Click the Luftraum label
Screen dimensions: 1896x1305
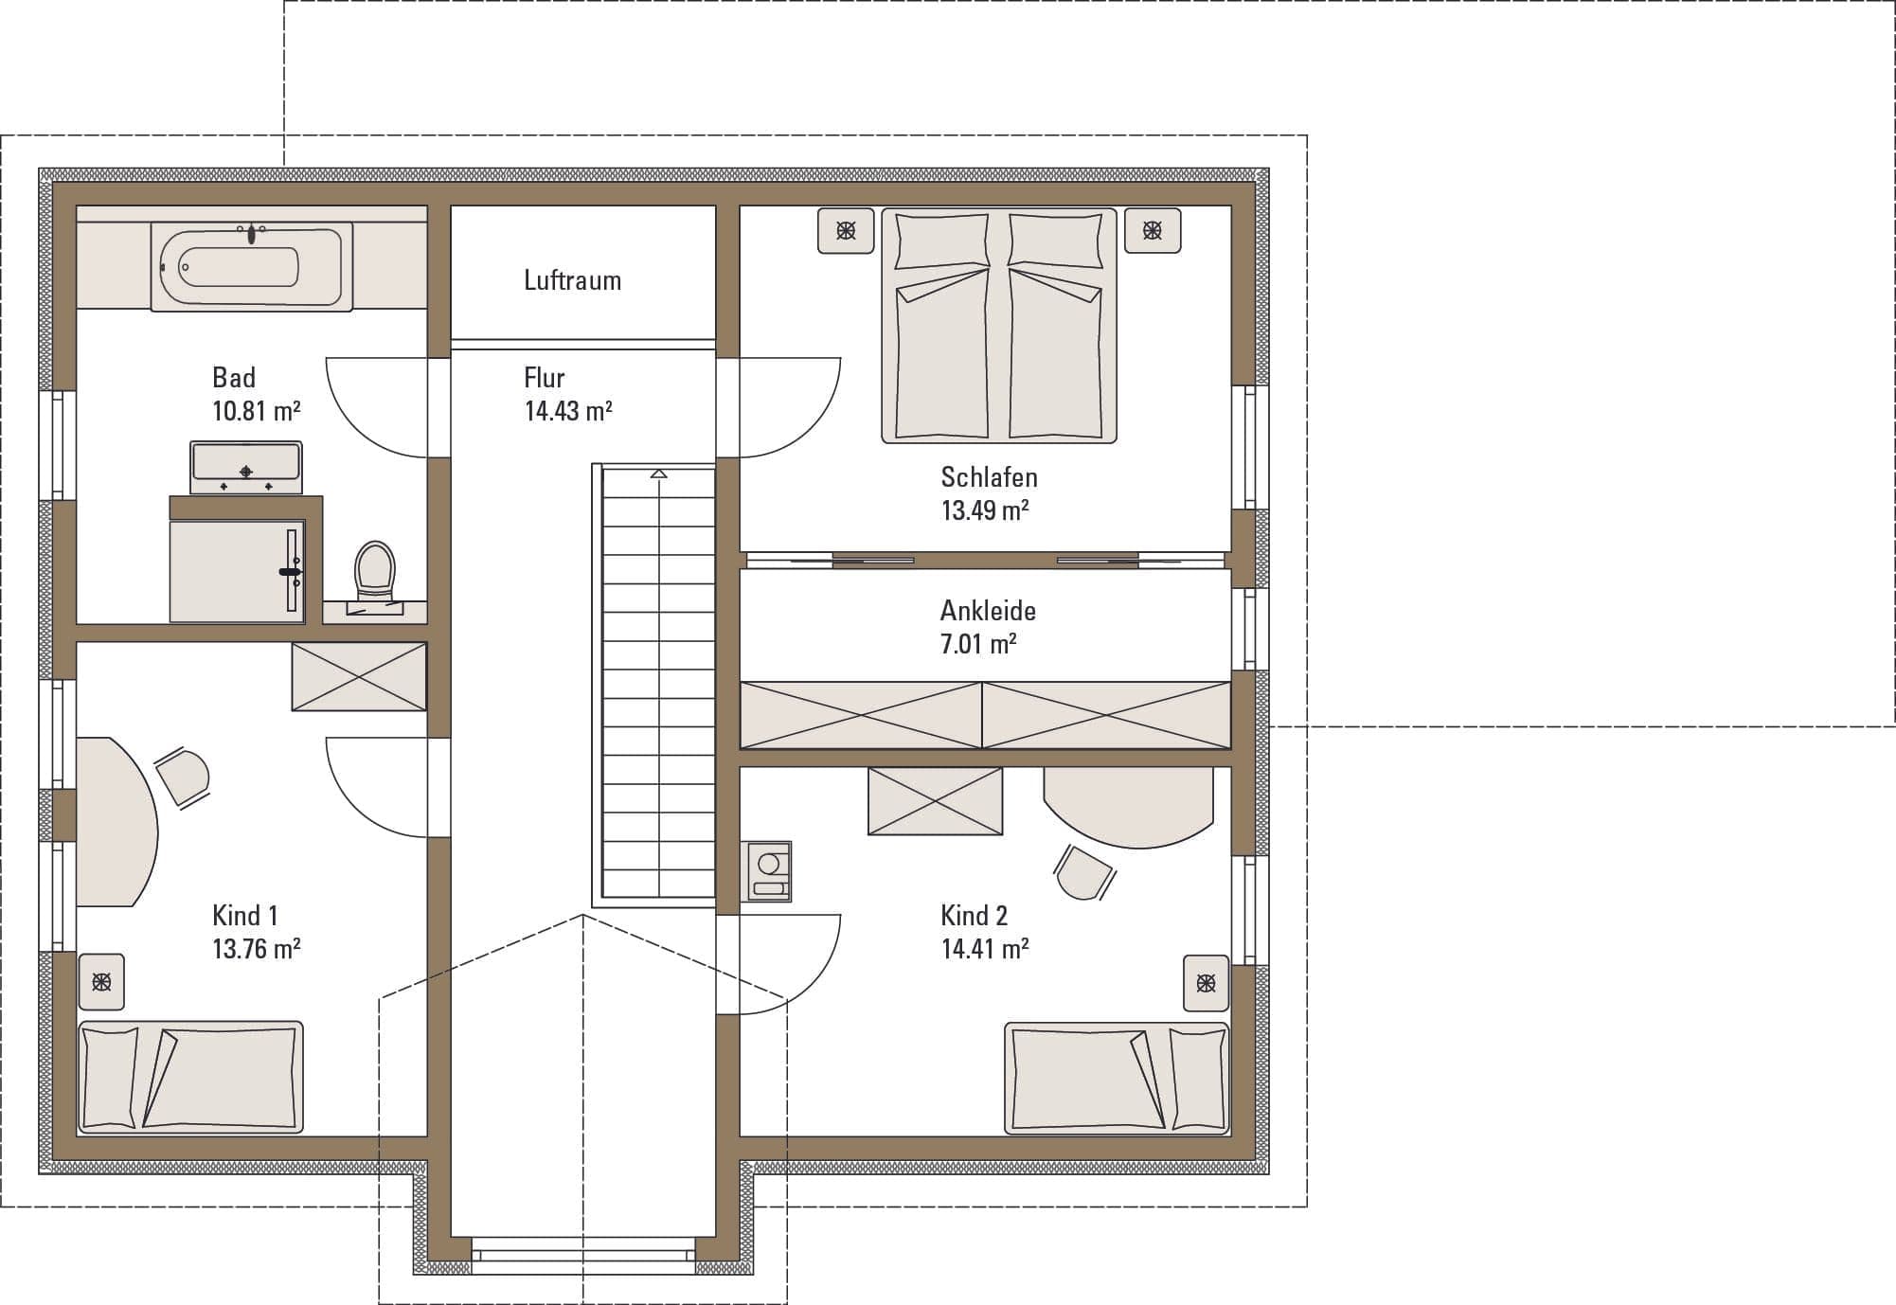coord(572,280)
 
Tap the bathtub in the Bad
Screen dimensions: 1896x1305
coord(252,266)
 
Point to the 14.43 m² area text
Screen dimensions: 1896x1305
coord(568,411)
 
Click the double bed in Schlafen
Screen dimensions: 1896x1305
coord(999,326)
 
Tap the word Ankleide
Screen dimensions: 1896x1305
coord(988,611)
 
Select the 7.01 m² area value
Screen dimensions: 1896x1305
coord(978,644)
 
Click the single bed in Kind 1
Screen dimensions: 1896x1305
coord(190,1077)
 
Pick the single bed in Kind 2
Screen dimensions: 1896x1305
coord(1117,1078)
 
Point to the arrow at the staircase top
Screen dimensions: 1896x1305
coord(659,474)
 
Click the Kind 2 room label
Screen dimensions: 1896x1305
coord(975,916)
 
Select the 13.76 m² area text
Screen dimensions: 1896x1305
coord(257,949)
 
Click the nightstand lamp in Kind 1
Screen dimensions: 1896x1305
coord(101,982)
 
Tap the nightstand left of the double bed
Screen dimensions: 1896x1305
coord(846,230)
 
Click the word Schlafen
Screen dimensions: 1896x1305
coord(989,477)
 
